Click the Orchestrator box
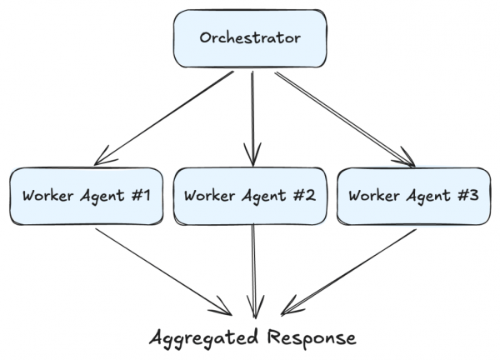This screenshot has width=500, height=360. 249,39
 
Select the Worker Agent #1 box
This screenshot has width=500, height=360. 86,197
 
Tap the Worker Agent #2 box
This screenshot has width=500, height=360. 249,197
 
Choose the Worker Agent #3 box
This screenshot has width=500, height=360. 413,197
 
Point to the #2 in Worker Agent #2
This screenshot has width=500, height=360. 302,197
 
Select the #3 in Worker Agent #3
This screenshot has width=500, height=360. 467,197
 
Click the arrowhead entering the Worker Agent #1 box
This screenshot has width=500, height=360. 103,157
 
